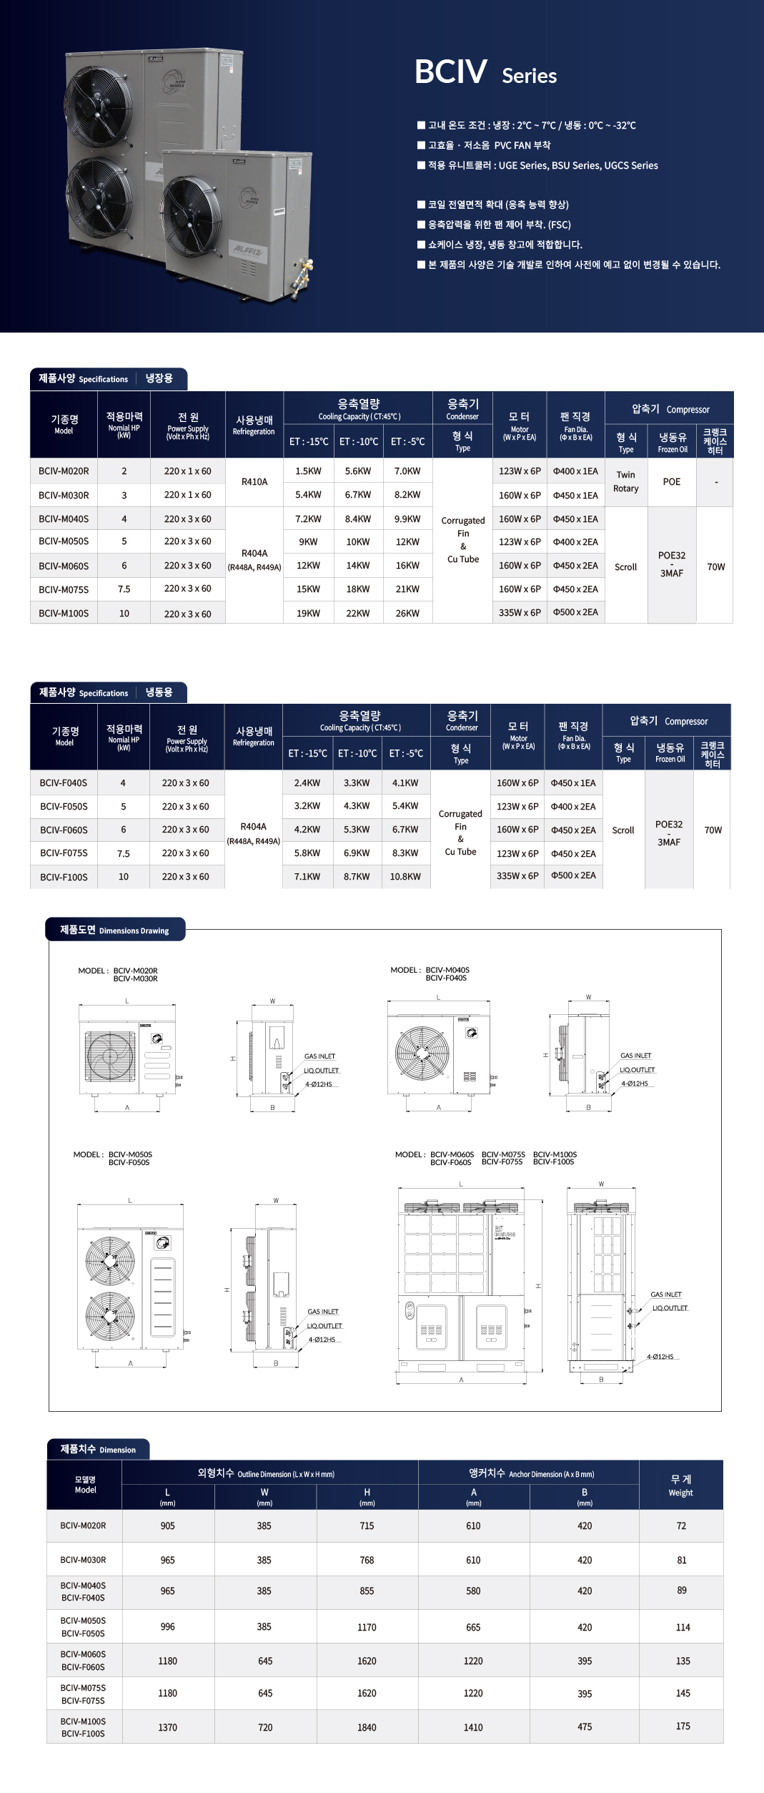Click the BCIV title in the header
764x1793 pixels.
(451, 72)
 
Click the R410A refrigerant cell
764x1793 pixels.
(254, 482)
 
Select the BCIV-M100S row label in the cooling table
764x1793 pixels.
(64, 614)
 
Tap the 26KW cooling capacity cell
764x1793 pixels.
(407, 614)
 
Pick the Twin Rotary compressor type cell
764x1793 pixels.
(625, 481)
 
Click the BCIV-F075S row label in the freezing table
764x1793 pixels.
(64, 853)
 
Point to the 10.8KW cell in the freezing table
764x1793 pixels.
(405, 876)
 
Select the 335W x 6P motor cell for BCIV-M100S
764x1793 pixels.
(520, 612)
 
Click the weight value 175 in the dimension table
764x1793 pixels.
(683, 1726)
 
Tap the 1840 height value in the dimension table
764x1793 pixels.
(367, 1727)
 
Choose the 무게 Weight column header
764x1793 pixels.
(680, 1485)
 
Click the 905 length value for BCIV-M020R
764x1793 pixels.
(167, 1526)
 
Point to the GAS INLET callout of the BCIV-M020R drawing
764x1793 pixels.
(319, 1056)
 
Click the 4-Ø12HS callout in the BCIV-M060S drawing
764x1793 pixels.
(660, 1357)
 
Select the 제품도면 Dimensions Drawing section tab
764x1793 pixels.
(114, 930)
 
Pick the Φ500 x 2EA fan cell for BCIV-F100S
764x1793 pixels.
(573, 875)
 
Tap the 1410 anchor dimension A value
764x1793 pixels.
(473, 1727)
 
